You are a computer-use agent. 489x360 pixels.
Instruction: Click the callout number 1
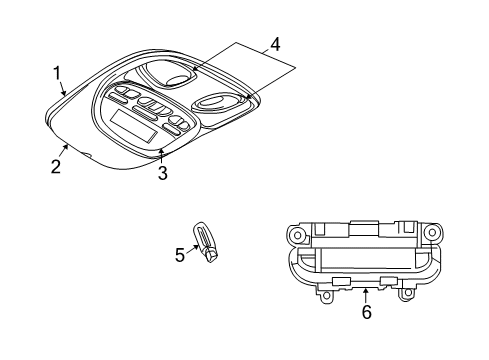tap(57, 73)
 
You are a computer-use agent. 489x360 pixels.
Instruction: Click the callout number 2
tap(56, 165)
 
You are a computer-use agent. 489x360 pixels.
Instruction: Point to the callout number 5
tap(180, 255)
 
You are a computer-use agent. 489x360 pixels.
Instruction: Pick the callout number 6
tap(366, 311)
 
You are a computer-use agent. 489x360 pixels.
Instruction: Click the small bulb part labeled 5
tap(207, 244)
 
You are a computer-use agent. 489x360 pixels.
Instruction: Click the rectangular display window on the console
tap(129, 124)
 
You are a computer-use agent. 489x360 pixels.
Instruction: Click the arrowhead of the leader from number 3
tap(162, 150)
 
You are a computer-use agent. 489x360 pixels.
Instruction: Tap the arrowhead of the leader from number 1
tap(65, 95)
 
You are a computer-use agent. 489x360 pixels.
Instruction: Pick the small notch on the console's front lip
tap(87, 156)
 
